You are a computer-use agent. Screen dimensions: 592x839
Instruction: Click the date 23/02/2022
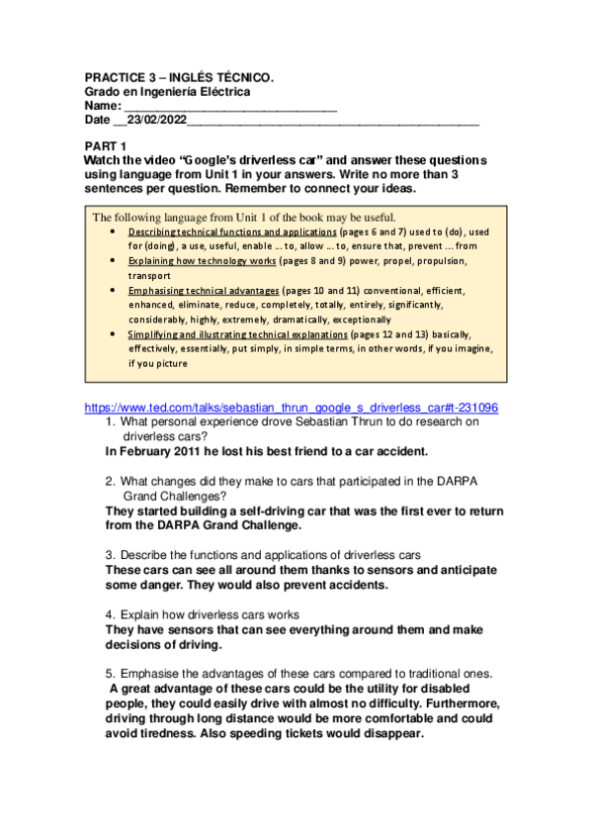pyautogui.click(x=157, y=120)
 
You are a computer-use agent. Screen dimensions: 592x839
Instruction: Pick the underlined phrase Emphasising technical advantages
pyautogui.click(x=203, y=291)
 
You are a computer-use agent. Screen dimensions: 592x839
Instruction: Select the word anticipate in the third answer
pyautogui.click(x=461, y=570)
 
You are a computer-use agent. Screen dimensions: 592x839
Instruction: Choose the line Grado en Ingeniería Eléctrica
pyautogui.click(x=167, y=92)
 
